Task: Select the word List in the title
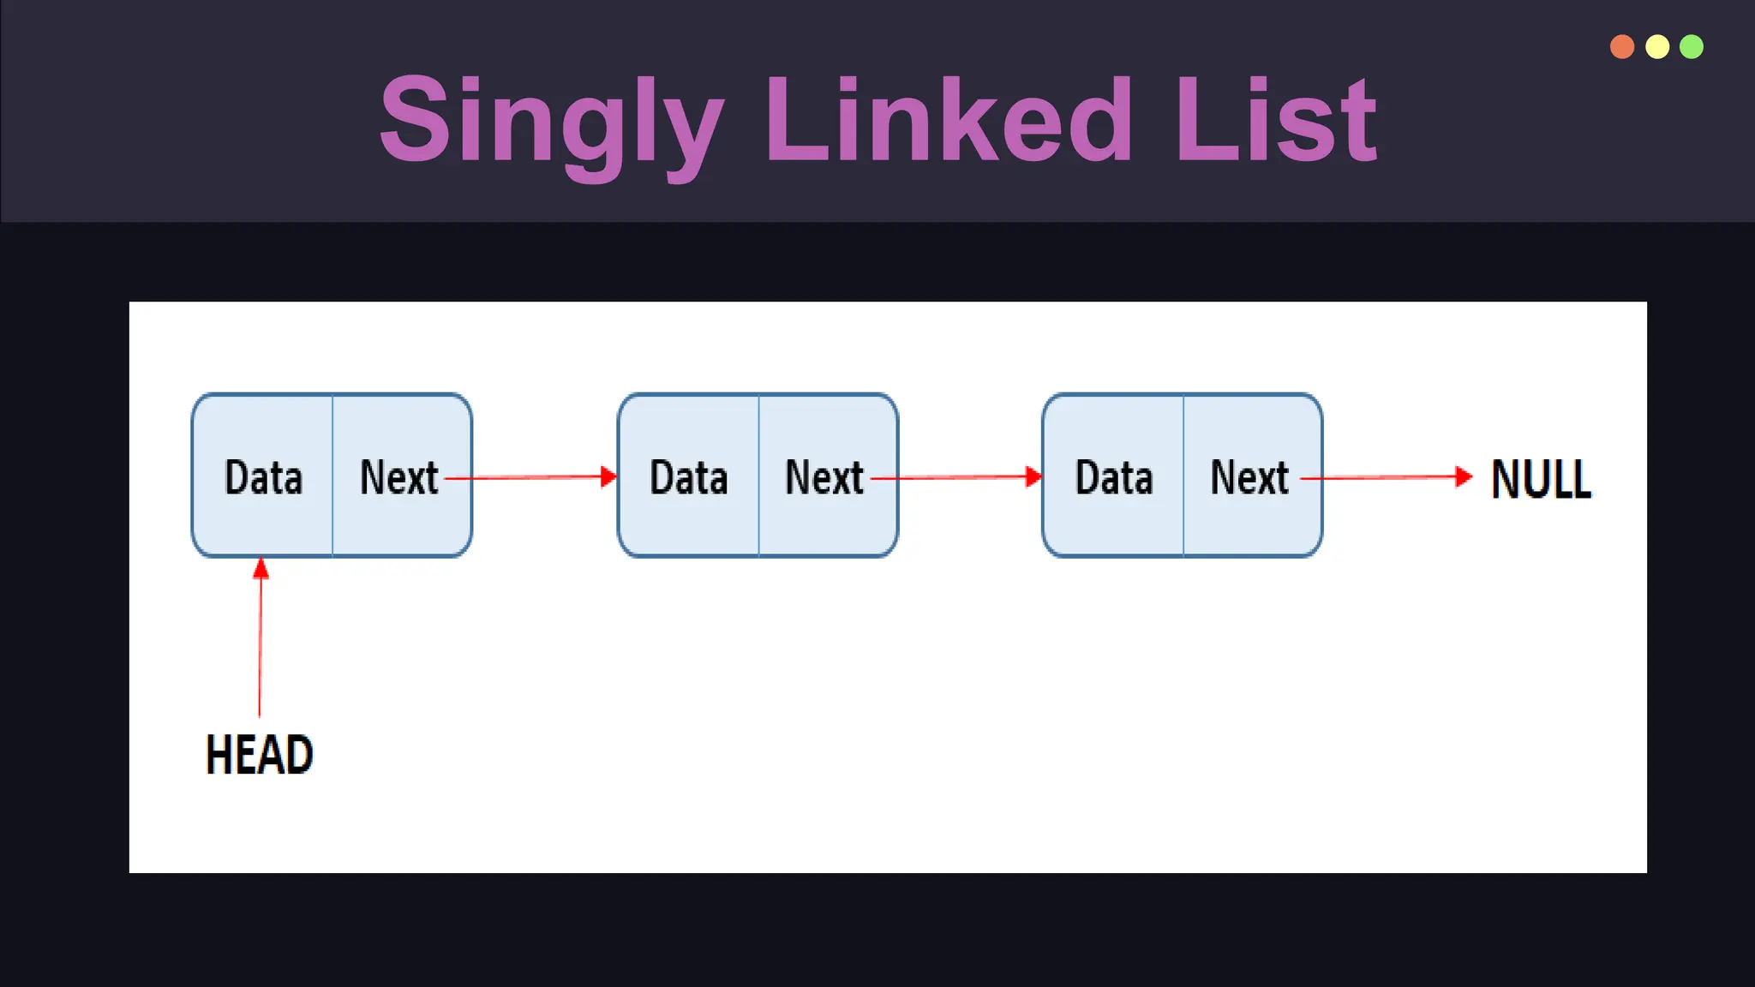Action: pyautogui.click(x=1275, y=120)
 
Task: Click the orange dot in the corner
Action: pyautogui.click(x=1622, y=46)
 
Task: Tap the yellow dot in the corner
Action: pyautogui.click(x=1657, y=46)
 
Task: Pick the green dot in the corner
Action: pyautogui.click(x=1692, y=46)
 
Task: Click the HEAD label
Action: pyautogui.click(x=259, y=755)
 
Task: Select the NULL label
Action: pyautogui.click(x=1541, y=479)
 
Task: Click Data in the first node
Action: pyautogui.click(x=263, y=477)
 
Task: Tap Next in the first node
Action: pyautogui.click(x=398, y=477)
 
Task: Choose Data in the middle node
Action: pyautogui.click(x=689, y=477)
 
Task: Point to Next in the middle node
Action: pyautogui.click(x=824, y=477)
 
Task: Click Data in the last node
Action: pyautogui.click(x=1114, y=477)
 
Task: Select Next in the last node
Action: pyautogui.click(x=1249, y=477)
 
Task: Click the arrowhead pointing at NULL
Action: pyautogui.click(x=1464, y=476)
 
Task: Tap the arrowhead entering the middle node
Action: pyautogui.click(x=608, y=476)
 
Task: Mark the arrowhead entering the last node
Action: pyautogui.click(x=1033, y=476)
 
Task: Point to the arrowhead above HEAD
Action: pyautogui.click(x=261, y=568)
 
